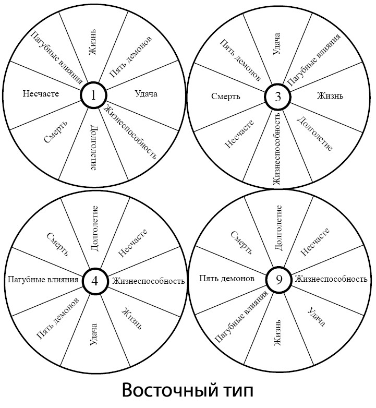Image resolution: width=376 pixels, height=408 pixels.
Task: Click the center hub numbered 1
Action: [x=94, y=95]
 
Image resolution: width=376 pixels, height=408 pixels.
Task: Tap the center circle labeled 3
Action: [x=278, y=97]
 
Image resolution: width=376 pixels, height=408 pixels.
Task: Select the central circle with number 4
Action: [x=95, y=281]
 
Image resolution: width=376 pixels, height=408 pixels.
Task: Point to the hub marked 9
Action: [x=279, y=280]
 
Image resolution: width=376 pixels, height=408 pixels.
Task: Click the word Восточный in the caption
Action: [x=169, y=390]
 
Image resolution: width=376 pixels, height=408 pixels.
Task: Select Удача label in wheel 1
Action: [x=146, y=94]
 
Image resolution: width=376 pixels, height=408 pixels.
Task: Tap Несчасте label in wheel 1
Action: [x=41, y=93]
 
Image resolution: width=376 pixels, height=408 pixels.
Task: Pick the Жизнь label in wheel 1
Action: [x=93, y=42]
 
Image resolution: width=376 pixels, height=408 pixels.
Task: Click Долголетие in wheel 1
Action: [x=94, y=148]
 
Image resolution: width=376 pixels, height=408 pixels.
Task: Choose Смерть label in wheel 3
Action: [x=225, y=97]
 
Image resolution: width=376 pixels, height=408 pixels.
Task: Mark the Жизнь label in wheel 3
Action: [x=330, y=96]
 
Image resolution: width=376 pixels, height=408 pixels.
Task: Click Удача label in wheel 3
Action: [x=277, y=44]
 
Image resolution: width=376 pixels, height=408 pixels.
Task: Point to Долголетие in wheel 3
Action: [x=314, y=134]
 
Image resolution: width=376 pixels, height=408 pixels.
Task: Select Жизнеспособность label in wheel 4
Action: [x=149, y=281]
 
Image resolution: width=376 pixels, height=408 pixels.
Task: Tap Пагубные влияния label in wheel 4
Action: [x=43, y=280]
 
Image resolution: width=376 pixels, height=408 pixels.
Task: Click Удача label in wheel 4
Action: [x=94, y=334]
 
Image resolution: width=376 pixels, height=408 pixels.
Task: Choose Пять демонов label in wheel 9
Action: [x=227, y=279]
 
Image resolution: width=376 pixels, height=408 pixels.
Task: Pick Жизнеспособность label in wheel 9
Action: [x=331, y=279]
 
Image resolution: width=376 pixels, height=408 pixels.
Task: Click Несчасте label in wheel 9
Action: [x=315, y=242]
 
